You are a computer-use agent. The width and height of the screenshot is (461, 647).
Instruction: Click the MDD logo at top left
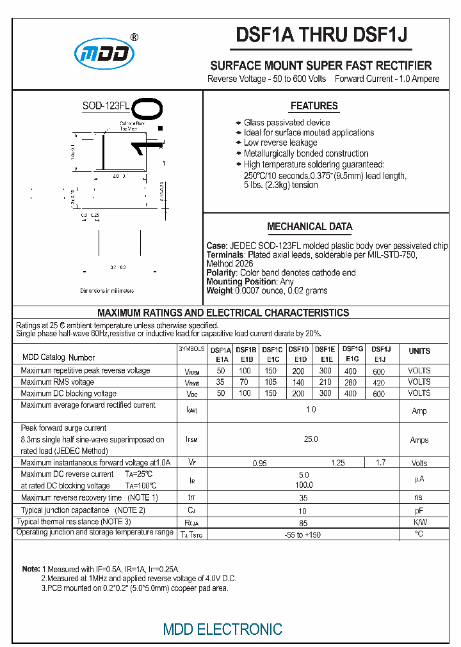click(104, 54)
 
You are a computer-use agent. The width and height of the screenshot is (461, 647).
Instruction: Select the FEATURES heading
click(314, 106)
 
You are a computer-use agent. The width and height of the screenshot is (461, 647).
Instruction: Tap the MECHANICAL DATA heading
click(309, 226)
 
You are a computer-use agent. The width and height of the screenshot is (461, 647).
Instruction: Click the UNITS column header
click(419, 351)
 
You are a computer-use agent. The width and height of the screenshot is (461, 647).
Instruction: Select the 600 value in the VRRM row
click(379, 371)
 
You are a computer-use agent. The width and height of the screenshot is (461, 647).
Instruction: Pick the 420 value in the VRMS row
click(379, 382)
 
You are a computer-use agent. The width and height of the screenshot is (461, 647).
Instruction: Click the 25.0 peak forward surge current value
click(311, 439)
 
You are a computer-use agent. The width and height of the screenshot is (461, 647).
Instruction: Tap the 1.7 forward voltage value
click(380, 463)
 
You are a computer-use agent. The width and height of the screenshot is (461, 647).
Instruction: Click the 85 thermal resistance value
click(303, 523)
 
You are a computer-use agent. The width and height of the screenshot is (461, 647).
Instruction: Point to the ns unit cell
click(419, 497)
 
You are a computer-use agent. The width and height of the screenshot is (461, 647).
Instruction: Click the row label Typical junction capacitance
click(83, 510)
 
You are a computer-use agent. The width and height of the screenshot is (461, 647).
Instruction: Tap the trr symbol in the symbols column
click(191, 497)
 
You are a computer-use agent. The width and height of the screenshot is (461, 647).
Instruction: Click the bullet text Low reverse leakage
click(280, 143)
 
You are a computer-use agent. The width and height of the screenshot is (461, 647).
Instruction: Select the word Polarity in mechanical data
click(221, 272)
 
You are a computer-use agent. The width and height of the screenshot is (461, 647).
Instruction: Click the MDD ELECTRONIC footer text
click(222, 629)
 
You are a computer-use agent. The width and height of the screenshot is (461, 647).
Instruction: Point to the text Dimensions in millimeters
click(107, 290)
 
